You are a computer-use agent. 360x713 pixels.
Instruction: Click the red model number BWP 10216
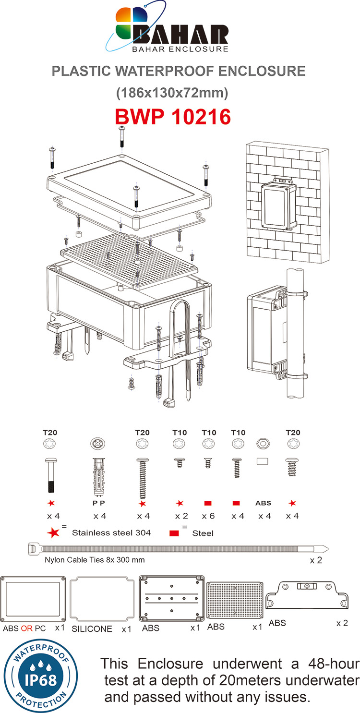tap(173, 117)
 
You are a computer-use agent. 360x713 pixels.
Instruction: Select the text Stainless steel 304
tap(111, 532)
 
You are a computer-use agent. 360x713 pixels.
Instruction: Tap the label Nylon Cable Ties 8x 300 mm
tap(95, 559)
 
